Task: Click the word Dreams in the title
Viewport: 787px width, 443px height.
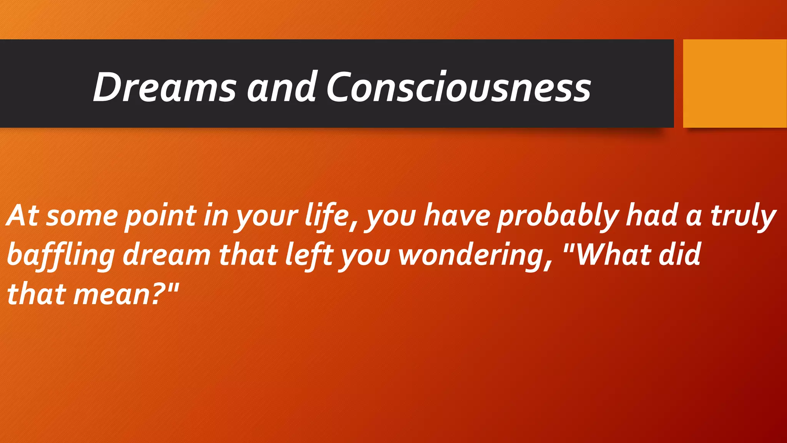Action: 164,87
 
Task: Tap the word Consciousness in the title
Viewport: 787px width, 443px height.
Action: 458,87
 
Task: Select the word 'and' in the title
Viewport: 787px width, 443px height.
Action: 281,87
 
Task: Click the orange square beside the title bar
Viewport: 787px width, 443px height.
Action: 735,83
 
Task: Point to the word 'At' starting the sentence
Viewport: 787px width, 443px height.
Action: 23,215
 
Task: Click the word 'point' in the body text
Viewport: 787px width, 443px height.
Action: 161,216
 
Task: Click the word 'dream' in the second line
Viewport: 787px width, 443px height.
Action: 167,255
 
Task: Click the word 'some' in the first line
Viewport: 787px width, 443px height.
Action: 82,217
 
